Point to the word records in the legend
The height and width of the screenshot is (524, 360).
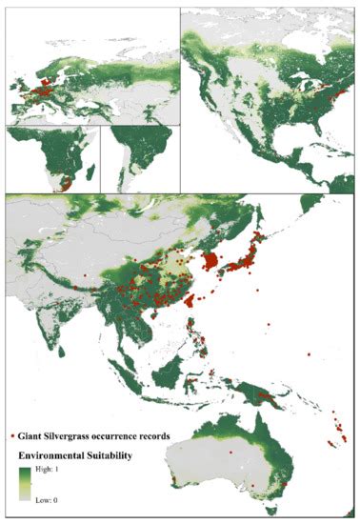coord(167,435)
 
